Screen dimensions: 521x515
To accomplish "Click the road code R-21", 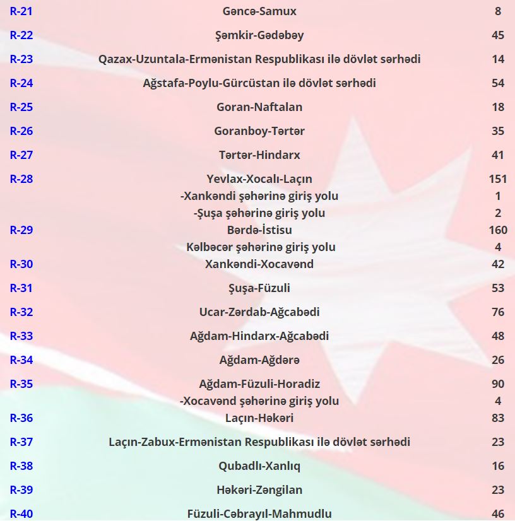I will pos(21,11).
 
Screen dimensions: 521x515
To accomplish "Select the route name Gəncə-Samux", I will pos(259,11).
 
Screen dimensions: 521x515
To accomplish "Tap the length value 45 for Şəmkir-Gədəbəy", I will pos(498,35).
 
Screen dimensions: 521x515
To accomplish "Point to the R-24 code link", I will pos(21,83).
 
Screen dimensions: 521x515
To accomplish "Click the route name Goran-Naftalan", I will pos(259,107).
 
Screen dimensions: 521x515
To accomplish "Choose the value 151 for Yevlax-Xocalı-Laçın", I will pos(498,179).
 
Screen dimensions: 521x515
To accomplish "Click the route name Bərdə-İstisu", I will pos(259,230).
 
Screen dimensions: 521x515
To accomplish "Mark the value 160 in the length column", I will pos(498,230).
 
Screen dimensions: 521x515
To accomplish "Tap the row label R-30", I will pos(21,264).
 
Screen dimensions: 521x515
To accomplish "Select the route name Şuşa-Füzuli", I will pos(259,288).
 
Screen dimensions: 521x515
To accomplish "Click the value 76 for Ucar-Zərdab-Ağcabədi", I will pos(498,312).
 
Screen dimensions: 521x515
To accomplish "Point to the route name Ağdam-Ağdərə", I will pos(259,360).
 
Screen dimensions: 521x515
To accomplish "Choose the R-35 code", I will pos(21,384).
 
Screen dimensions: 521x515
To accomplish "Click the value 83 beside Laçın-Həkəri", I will pos(498,418).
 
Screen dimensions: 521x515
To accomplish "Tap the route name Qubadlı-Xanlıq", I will pos(259,466).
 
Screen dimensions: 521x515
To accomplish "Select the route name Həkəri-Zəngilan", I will pos(259,490).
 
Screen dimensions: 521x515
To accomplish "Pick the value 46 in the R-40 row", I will pos(498,514).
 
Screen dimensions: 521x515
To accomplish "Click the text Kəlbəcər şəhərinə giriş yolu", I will pos(261,247).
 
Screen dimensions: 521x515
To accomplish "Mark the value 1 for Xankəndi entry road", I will pos(498,196).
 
